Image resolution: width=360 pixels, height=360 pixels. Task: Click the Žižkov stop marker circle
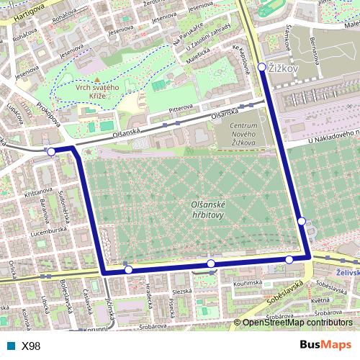click(x=261, y=67)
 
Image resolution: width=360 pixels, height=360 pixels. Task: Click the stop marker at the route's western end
click(x=51, y=152)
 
